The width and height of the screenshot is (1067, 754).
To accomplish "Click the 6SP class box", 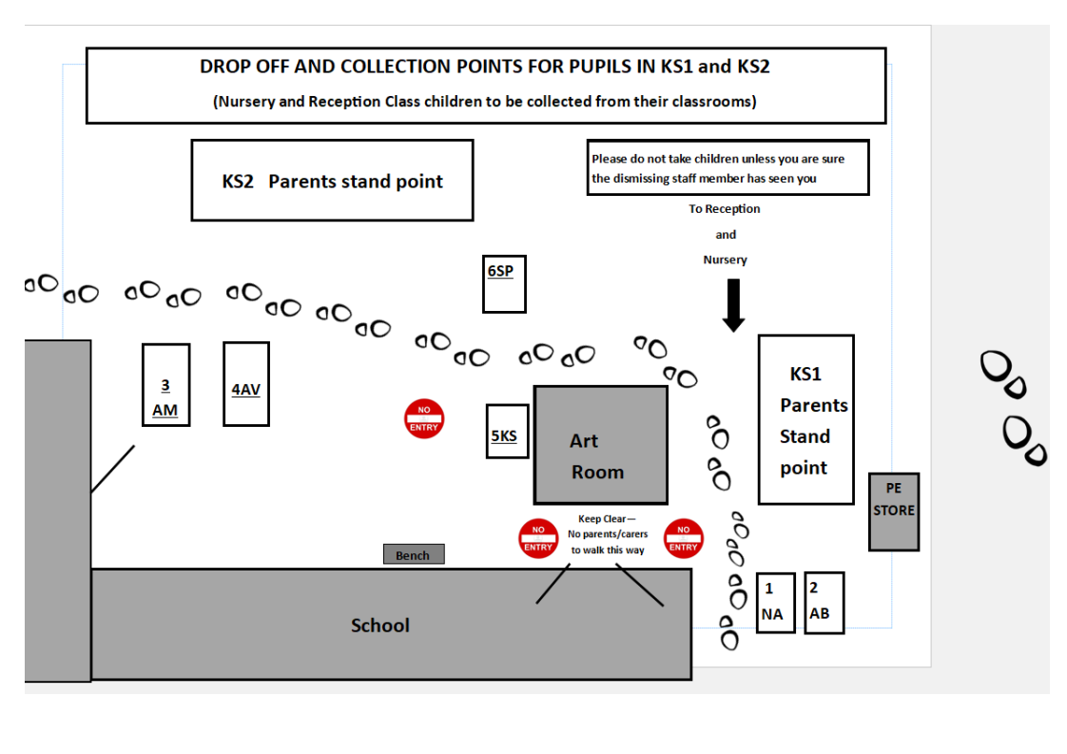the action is [504, 283].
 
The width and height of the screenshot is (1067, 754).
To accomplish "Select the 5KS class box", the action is [507, 432].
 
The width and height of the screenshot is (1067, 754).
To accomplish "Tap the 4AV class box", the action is [246, 384].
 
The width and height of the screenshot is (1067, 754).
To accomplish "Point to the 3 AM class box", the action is [166, 385].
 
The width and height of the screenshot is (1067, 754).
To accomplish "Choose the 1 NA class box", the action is [776, 603].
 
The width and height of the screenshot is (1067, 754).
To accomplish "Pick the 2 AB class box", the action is [824, 603].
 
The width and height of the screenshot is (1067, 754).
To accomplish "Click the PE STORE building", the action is [894, 512].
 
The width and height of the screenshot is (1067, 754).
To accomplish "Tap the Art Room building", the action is [601, 445].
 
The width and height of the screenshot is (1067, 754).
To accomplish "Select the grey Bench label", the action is [414, 554].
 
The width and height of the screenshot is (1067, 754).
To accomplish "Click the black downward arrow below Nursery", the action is [733, 305].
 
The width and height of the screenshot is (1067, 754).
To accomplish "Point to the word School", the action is [380, 626].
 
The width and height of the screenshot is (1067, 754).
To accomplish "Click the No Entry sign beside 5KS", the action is [424, 418].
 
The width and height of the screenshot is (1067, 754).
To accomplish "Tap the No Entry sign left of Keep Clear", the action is [538, 538].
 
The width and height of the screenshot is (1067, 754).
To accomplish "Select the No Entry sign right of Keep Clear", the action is [683, 538].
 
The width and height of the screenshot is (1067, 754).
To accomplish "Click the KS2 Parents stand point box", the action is [332, 181].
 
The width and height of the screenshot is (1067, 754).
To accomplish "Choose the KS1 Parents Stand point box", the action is [806, 420].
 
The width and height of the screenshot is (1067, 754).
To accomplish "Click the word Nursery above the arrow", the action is [726, 260].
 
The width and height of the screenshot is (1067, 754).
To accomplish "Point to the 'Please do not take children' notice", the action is [728, 167].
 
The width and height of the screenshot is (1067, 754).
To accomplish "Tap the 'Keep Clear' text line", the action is [607, 518].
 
